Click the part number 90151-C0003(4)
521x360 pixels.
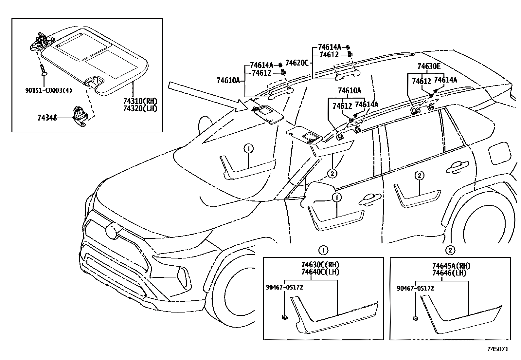click(49, 90)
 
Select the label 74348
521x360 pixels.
click(47, 118)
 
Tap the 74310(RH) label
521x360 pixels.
click(140, 101)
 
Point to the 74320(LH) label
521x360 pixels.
click(140, 108)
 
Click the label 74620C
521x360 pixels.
click(297, 63)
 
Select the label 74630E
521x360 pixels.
click(429, 66)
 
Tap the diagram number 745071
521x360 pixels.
click(498, 349)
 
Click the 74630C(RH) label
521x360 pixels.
click(320, 265)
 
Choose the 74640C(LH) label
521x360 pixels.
click(320, 272)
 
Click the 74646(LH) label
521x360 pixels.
click(449, 273)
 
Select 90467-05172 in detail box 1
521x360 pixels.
click(284, 287)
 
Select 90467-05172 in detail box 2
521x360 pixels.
click(415, 288)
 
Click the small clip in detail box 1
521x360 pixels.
click(284, 317)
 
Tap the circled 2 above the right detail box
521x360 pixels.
click(450, 250)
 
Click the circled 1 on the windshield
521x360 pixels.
click(249, 148)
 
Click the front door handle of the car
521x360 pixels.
click(369, 200)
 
